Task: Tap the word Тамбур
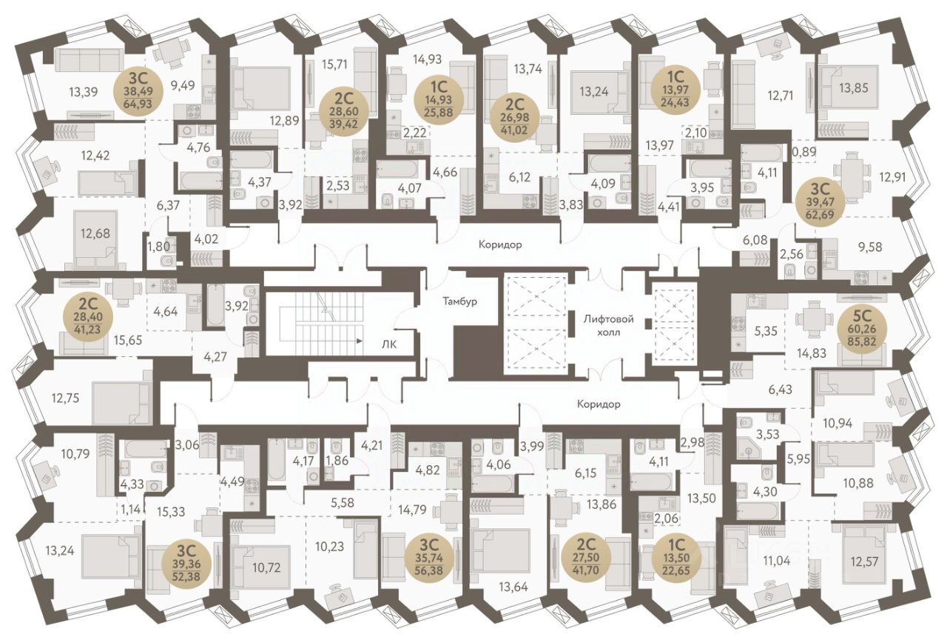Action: (x=460, y=301)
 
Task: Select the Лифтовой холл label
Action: (x=608, y=325)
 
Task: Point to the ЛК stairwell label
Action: (x=389, y=344)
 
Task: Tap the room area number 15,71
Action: (x=334, y=64)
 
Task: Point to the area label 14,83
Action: (x=811, y=353)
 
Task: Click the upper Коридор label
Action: (x=501, y=244)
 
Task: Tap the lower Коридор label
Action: (x=599, y=404)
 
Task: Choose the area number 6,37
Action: (x=168, y=206)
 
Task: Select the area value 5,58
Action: (x=343, y=503)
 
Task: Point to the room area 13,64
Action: (x=513, y=587)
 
